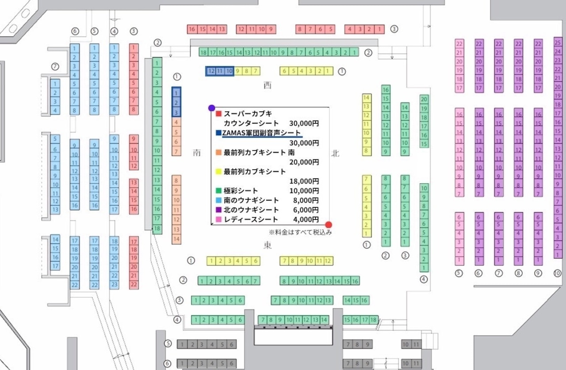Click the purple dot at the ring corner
212,108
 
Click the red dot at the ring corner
328,224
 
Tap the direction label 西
267,85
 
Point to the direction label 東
268,245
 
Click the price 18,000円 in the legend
304,180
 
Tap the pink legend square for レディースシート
218,219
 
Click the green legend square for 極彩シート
218,190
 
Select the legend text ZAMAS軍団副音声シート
262,132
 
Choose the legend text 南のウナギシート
252,200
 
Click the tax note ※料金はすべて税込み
300,232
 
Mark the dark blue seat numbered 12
211,71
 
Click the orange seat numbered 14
176,239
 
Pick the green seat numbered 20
424,99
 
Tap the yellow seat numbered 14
366,98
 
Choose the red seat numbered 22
134,285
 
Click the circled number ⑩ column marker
557,273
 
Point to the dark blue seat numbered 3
176,112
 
